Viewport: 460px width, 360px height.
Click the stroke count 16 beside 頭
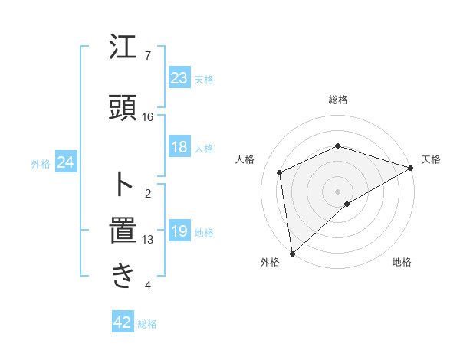coord(148,117)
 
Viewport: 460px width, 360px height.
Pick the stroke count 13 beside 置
coord(148,240)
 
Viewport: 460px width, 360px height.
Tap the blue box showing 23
coord(179,78)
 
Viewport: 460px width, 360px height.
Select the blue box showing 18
coord(179,148)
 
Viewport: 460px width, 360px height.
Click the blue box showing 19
coord(179,231)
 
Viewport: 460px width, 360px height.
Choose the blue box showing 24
coord(65,162)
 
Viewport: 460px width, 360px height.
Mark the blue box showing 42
coord(123,322)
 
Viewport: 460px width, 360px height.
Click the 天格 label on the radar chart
coord(431,159)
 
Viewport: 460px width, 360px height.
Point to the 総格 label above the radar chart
coord(337,100)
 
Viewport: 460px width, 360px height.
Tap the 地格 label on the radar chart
coord(402,263)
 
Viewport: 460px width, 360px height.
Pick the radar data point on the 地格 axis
coord(347,204)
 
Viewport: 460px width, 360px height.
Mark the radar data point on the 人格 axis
coord(280,172)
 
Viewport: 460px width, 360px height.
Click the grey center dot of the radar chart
coord(337,191)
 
